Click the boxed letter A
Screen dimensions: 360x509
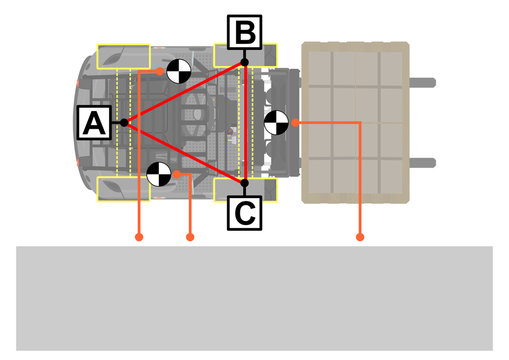point(93,124)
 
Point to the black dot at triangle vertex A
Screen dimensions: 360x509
point(124,123)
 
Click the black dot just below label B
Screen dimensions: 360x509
point(245,63)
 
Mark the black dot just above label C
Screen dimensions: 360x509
point(245,182)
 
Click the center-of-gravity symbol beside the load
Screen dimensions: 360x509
point(277,122)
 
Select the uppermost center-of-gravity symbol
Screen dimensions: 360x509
point(179,71)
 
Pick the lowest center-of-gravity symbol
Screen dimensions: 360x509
point(158,174)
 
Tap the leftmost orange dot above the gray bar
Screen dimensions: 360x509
point(139,238)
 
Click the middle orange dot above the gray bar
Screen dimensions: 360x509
point(190,238)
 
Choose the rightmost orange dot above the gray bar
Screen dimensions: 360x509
point(360,238)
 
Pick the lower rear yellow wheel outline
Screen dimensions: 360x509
point(123,188)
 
